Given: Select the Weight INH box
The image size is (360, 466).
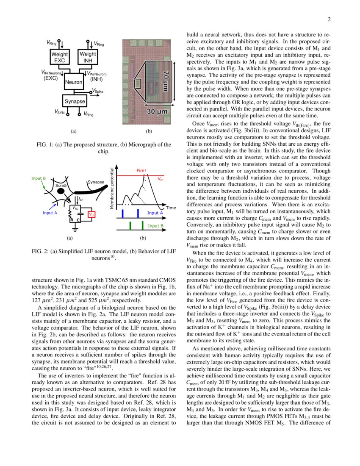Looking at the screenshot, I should [88, 58].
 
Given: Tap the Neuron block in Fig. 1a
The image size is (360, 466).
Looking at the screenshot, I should [74, 81].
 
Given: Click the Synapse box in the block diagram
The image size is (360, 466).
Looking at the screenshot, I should [75, 102].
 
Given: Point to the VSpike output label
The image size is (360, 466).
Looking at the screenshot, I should [97, 91].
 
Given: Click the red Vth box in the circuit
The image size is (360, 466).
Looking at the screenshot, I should [91, 214].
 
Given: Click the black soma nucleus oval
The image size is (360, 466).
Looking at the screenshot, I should [61, 191].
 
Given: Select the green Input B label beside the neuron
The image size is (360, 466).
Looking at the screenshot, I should [39, 178].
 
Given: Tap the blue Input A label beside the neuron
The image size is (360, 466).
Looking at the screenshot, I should [50, 213].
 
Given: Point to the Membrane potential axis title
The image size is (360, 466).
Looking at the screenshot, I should [113, 187].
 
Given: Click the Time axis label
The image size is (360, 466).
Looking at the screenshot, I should [171, 208].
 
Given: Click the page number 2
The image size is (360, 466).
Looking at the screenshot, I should [329, 19].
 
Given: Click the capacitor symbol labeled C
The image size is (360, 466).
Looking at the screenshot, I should [79, 216].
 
